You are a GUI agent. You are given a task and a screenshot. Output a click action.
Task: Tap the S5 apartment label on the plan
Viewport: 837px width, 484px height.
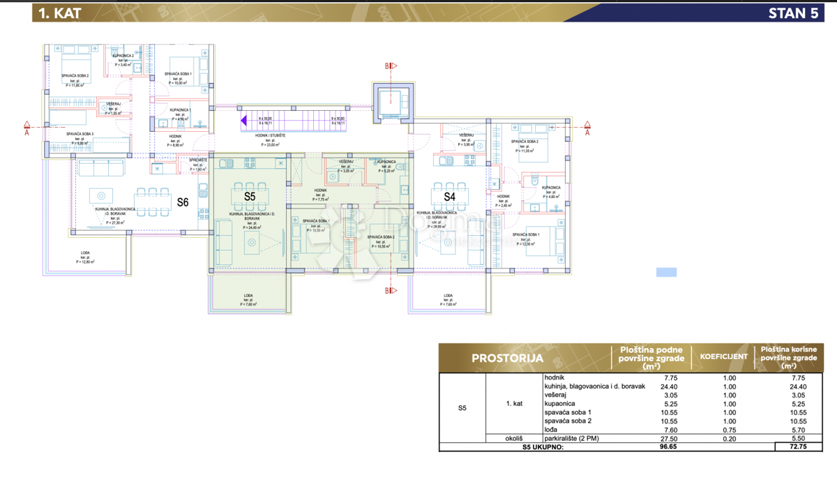pyautogui.click(x=250, y=197)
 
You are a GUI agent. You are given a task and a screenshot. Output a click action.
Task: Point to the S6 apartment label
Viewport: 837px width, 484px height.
pyautogui.click(x=182, y=203)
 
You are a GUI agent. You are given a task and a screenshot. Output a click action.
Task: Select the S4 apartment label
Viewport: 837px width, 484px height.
pyautogui.click(x=450, y=197)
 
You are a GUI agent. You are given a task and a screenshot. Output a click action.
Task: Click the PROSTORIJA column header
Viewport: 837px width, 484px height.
pyautogui.click(x=507, y=358)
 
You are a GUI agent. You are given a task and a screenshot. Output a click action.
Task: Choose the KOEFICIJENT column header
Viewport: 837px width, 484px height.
pyautogui.click(x=723, y=357)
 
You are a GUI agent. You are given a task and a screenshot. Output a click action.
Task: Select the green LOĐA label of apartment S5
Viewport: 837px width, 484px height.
pyautogui.click(x=248, y=296)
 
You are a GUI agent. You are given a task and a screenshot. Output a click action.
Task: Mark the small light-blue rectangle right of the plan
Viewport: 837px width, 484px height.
pyautogui.click(x=666, y=273)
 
